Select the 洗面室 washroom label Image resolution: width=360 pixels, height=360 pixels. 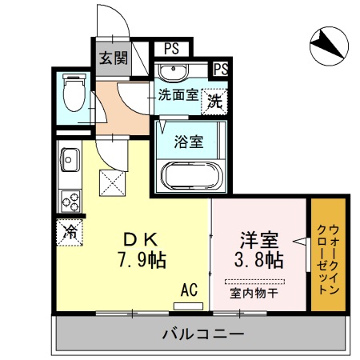[x=178, y=94]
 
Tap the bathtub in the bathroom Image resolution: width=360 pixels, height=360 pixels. [x=191, y=175]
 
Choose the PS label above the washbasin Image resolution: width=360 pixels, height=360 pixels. [x=171, y=49]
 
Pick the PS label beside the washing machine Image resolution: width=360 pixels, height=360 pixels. [x=221, y=69]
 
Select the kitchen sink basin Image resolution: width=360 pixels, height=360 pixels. [x=67, y=162]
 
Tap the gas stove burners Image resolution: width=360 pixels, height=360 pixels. [x=68, y=198]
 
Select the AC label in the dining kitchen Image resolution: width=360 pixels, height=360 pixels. [x=190, y=288]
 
